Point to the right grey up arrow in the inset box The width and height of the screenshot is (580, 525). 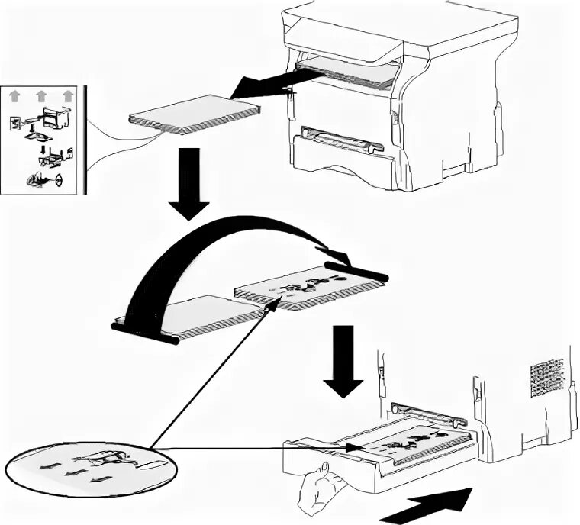68,95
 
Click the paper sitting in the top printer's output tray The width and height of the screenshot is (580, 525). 347,73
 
